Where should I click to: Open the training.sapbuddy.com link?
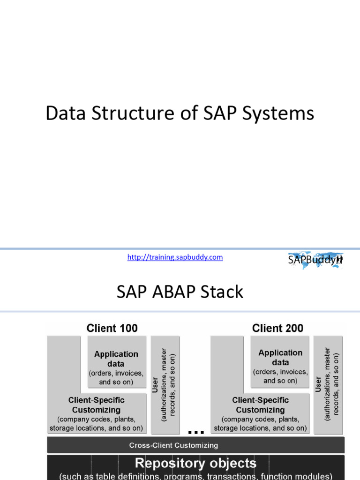point(175,257)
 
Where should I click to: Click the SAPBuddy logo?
point(315,260)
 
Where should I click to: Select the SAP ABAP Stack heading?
point(180,292)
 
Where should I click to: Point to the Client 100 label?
point(112,328)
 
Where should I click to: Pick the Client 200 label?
point(277,328)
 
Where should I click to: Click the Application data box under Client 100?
point(117,362)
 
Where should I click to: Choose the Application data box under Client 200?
point(280,362)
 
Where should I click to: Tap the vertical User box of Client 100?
point(165,385)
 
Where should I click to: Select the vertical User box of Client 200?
point(329,385)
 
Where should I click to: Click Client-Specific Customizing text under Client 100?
point(97,405)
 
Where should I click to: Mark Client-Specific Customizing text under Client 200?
point(260,405)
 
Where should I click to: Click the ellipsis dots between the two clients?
point(196,432)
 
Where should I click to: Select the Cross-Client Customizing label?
point(173,445)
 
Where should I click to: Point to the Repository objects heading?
point(195,463)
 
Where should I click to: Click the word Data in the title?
point(66,113)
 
